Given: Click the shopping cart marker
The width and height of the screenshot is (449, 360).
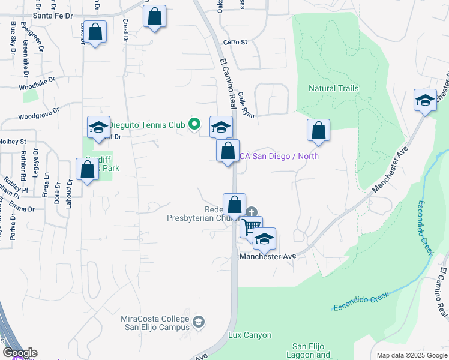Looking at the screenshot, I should click(252, 227).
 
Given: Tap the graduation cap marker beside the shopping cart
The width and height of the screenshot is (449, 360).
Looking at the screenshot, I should click(264, 239).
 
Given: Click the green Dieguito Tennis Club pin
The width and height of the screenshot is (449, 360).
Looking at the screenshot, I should click(194, 125).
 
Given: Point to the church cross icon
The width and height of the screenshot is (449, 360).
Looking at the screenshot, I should click(252, 212).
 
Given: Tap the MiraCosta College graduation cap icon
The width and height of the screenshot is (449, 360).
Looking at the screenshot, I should click(197, 325).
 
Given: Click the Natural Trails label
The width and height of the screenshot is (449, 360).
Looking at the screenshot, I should click(333, 88).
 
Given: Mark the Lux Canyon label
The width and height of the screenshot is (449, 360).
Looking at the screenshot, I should click(250, 335).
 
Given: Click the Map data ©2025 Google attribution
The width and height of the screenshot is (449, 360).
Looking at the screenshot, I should click(411, 355).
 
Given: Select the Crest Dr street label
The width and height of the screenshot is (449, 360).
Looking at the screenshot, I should click(126, 30).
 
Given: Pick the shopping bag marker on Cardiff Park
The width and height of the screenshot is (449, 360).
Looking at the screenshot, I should click(87, 169).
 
